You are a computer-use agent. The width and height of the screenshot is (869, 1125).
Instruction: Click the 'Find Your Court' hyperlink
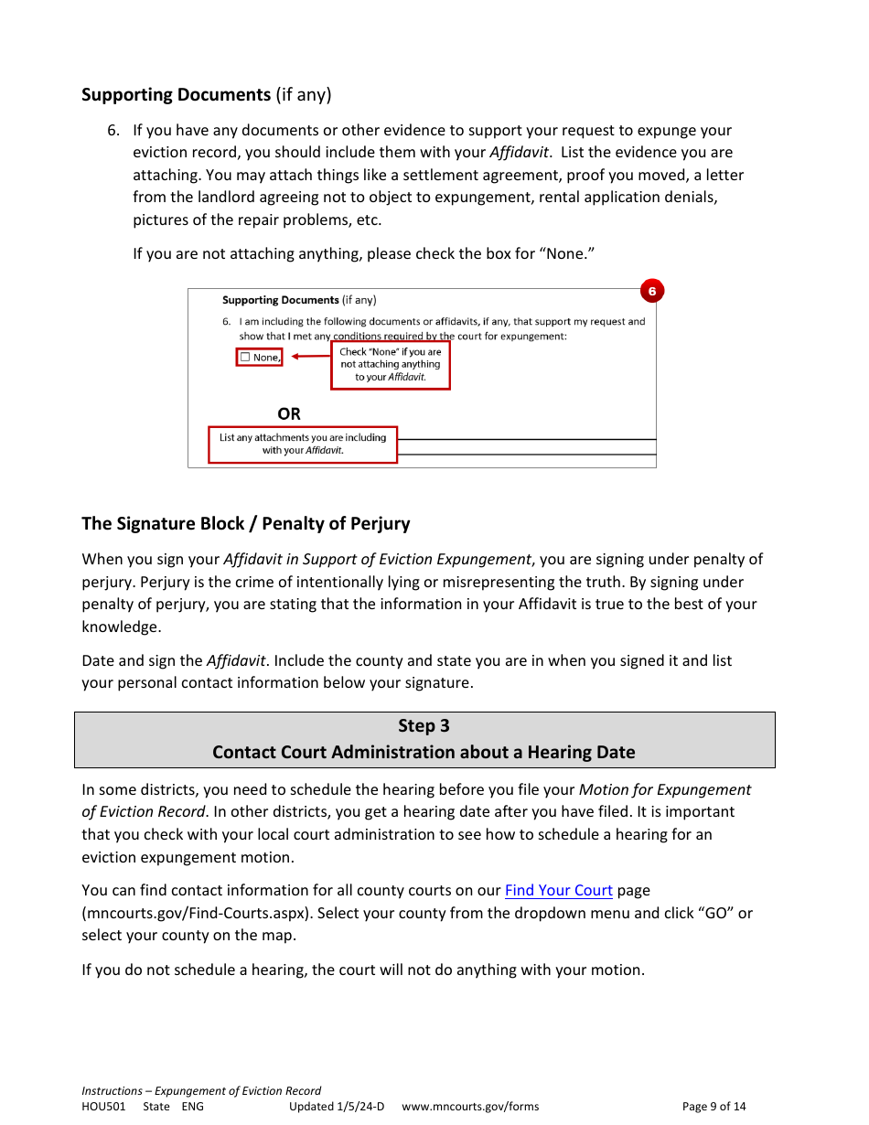click(558, 891)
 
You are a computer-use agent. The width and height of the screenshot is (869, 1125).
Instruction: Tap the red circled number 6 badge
click(651, 292)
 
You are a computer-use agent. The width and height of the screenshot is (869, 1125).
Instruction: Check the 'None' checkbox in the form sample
click(245, 358)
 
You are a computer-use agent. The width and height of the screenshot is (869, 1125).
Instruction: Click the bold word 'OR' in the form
click(289, 414)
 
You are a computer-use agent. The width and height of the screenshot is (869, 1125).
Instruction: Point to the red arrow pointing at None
click(309, 357)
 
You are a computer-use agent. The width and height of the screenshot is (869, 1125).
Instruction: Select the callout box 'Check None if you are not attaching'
click(391, 365)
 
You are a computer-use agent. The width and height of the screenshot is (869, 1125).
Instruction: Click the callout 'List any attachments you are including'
click(303, 445)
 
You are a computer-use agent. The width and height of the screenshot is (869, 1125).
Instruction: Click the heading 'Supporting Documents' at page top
click(176, 95)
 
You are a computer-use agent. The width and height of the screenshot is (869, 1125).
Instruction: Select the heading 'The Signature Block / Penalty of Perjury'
click(245, 524)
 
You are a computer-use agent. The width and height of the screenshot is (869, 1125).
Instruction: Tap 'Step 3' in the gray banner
click(424, 726)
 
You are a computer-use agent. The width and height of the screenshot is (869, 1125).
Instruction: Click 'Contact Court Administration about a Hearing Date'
click(424, 753)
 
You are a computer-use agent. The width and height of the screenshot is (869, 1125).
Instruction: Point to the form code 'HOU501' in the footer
click(103, 1107)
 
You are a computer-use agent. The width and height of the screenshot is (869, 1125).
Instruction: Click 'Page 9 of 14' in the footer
click(713, 1107)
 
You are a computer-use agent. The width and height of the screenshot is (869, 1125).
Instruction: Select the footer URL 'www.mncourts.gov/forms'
click(470, 1107)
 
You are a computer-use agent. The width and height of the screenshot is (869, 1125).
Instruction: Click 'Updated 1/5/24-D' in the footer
click(337, 1107)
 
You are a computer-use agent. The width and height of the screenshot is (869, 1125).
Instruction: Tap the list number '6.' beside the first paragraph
click(113, 131)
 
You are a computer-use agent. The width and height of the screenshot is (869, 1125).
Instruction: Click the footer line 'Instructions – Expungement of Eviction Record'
click(201, 1091)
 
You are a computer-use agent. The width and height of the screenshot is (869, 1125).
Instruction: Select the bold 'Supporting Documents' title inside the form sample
click(280, 300)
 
